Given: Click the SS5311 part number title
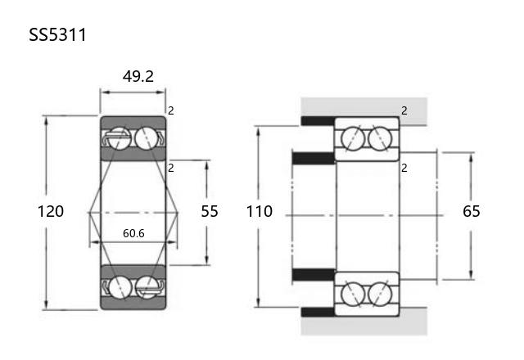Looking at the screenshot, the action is [57, 34].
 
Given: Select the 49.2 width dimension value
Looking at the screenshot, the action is [138, 76].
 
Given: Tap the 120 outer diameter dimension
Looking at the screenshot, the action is [51, 211].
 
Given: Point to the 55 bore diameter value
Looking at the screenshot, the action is [210, 211].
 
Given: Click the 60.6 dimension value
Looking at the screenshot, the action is [133, 233].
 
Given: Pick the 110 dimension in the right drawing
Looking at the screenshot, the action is [260, 211].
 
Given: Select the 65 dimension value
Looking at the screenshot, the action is [472, 211].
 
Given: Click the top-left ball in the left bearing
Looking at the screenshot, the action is [120, 138].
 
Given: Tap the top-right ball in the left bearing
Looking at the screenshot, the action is [147, 138].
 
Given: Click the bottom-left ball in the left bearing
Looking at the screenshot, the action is [120, 287].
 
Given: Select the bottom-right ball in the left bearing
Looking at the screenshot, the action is [147, 287].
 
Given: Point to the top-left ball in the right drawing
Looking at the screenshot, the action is [353, 138].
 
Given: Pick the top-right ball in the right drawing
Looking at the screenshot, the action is [380, 138].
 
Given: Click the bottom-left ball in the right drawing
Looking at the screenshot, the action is [353, 294].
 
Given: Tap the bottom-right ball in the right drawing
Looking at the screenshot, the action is [380, 294].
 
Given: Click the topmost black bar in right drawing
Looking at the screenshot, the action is [318, 121].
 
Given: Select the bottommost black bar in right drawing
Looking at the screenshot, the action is [318, 312].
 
